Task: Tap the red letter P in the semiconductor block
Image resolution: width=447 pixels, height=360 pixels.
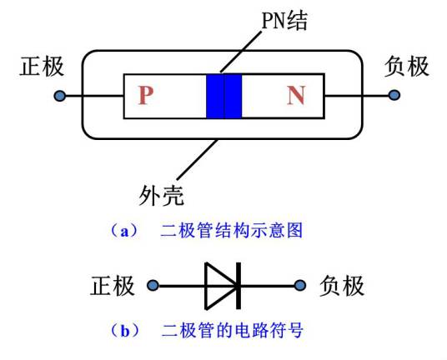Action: [x=146, y=97]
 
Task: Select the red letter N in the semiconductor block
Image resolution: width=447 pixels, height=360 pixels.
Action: [x=296, y=97]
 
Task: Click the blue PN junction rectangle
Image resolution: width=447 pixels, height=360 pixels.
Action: [x=223, y=97]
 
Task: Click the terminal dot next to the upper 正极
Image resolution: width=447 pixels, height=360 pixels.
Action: [x=59, y=97]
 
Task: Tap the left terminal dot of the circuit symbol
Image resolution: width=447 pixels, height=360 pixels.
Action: [x=153, y=287]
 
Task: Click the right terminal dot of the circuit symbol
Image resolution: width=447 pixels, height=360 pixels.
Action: [x=300, y=287]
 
